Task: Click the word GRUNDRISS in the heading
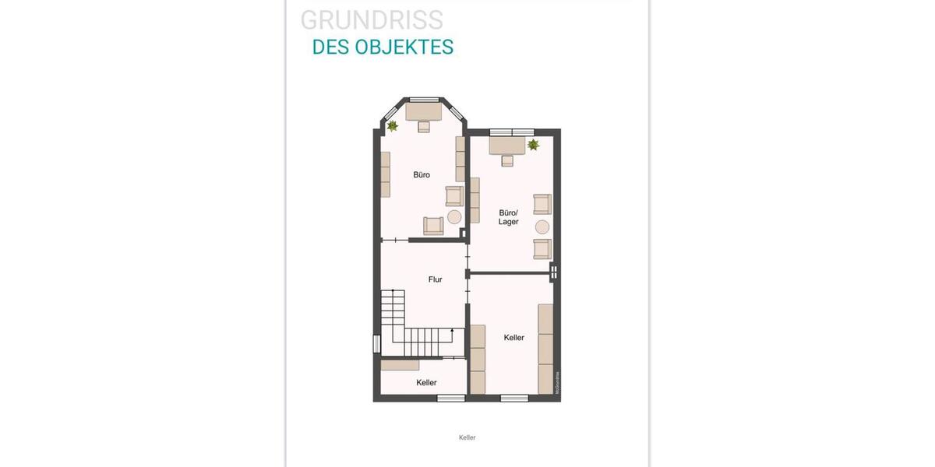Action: (x=372, y=20)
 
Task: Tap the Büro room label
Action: (x=422, y=175)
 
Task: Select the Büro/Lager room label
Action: (x=509, y=216)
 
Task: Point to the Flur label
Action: (x=436, y=279)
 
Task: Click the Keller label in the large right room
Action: (x=513, y=338)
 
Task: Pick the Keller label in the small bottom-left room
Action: (x=426, y=383)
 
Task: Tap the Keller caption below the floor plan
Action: (x=467, y=437)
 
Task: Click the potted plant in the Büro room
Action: (x=393, y=125)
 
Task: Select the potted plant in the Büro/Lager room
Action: (x=534, y=145)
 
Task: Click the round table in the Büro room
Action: (x=454, y=217)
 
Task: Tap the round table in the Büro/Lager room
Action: (x=542, y=227)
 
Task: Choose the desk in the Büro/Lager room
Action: (x=506, y=146)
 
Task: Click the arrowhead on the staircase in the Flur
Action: (x=452, y=332)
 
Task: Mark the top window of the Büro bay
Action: (x=425, y=99)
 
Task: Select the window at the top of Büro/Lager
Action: (x=512, y=131)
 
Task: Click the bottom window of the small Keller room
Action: (x=450, y=399)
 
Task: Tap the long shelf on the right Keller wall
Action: (x=545, y=348)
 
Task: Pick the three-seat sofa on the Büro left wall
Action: (x=385, y=174)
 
